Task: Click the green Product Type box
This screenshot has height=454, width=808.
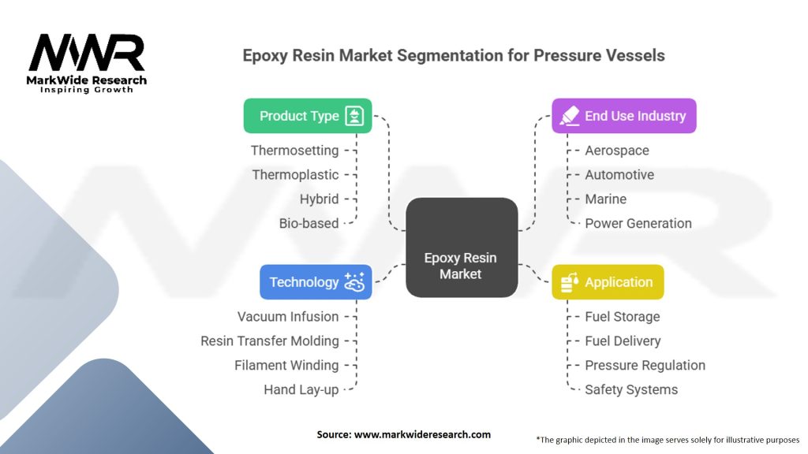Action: point(308,116)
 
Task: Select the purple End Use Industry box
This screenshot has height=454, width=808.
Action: point(624,116)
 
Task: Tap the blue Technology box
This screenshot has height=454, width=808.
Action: point(316,282)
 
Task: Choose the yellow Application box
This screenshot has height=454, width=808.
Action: point(608,282)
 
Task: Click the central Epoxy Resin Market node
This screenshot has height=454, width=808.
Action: point(462,247)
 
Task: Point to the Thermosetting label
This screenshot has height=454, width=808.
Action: point(295,151)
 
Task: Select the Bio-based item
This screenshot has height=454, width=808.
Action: point(309,223)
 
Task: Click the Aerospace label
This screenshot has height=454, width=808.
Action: point(617,151)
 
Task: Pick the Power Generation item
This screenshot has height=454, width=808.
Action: point(638,223)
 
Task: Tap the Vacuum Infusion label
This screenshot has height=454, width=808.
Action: point(288,317)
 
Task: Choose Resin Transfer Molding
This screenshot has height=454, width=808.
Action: point(270,341)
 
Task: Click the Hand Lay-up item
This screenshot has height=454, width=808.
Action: point(301,389)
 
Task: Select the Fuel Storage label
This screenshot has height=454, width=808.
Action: point(623,317)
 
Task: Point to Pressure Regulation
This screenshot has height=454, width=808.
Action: point(645,366)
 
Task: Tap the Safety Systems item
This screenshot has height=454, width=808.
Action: point(631,389)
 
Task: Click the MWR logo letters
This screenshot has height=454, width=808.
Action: point(87,53)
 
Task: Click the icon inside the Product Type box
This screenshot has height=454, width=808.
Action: point(354,116)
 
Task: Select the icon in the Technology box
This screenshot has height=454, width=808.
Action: point(354,282)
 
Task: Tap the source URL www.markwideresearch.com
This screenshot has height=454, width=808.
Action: point(423,434)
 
